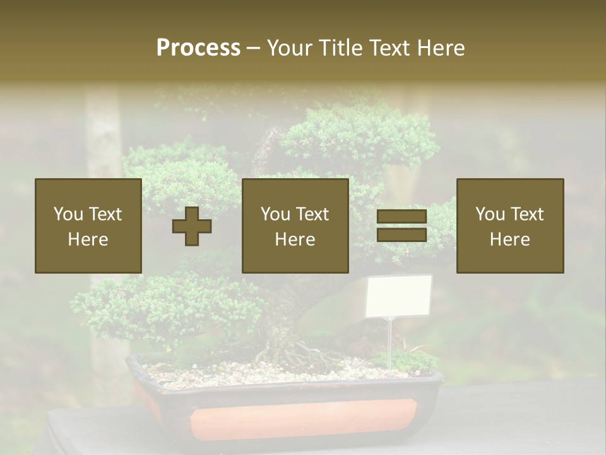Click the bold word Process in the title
pyautogui.click(x=198, y=48)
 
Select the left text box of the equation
pyautogui.click(x=88, y=226)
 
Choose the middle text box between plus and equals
pyautogui.click(x=295, y=226)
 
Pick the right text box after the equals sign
pyautogui.click(x=509, y=226)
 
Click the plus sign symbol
pyautogui.click(x=192, y=226)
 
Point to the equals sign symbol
pyautogui.click(x=401, y=226)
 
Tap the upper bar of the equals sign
pyautogui.click(x=401, y=217)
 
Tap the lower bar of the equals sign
pyautogui.click(x=401, y=234)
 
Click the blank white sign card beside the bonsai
pyautogui.click(x=398, y=296)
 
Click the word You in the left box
pyautogui.click(x=68, y=214)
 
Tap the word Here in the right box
pyautogui.click(x=509, y=239)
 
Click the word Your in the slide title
pyautogui.click(x=291, y=48)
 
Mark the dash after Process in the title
pyautogui.click(x=253, y=48)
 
